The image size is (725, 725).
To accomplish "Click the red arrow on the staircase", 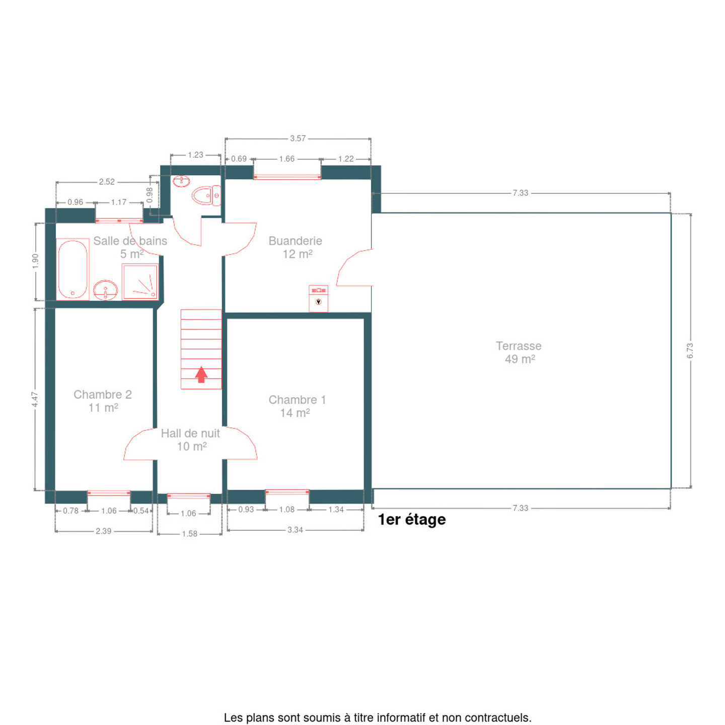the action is pos(201,374).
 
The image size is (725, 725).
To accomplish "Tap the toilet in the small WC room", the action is pos(206,195).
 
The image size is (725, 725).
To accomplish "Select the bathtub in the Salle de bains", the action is pos(72,269).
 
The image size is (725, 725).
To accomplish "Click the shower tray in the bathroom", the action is pos(140,282).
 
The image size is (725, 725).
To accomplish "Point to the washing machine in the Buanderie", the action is pos(318,299).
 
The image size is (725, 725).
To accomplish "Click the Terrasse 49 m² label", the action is pos(519,352).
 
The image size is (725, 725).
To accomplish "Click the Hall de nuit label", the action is pos(190,433).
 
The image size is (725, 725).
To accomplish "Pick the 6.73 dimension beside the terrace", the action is pos(690,350).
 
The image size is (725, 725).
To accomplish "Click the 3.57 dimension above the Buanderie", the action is pos(298,138).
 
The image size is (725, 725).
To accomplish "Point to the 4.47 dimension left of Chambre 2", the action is pos(35,399).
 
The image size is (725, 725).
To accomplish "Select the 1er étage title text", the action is pos(412,520).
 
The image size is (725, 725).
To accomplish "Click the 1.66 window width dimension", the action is pos(286,159).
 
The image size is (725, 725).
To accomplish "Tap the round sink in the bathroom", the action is pos(105,290).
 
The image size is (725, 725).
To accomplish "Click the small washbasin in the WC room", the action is pos(181,181).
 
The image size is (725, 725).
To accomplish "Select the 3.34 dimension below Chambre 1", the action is pos(295,530).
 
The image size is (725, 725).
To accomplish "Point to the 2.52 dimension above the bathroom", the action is pos(107,182).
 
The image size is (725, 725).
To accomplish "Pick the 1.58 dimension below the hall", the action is pos(190,534).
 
